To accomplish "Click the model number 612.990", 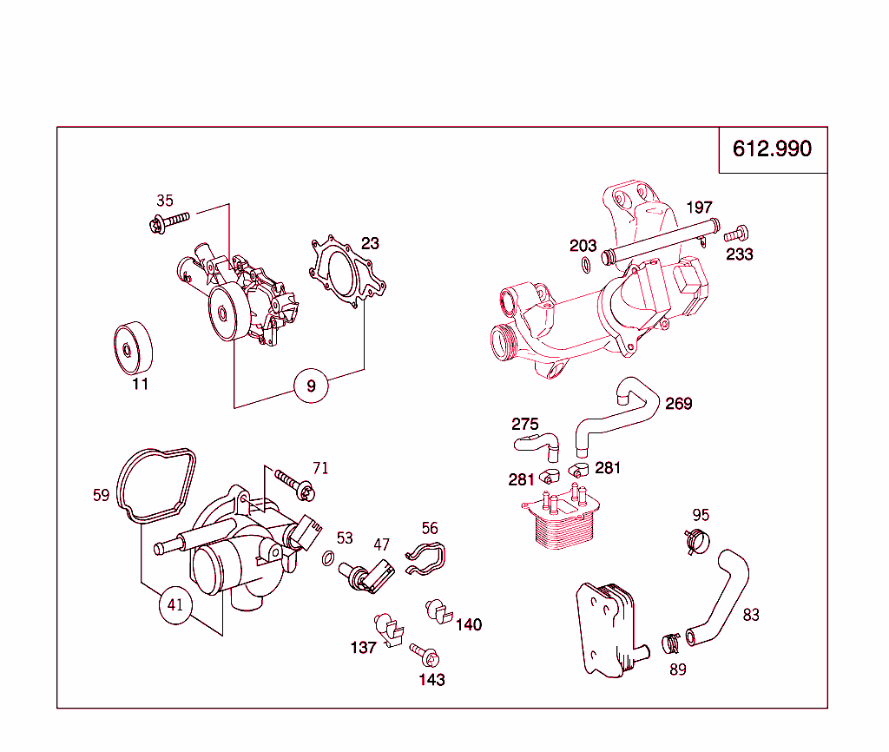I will coord(772,148).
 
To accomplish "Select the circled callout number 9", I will coord(312,385).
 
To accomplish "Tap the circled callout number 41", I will coord(176,605).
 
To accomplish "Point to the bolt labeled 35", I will coord(168,222).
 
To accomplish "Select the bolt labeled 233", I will coord(738,233).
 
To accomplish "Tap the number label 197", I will coord(699,208).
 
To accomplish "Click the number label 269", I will coord(679,404).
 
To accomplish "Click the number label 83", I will coord(751,615).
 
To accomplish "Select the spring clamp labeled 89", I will coord(670,643).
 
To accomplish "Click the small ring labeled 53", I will coord(328,557).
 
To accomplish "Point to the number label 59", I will coord(102,496).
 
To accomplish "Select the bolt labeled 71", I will coord(294,483).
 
